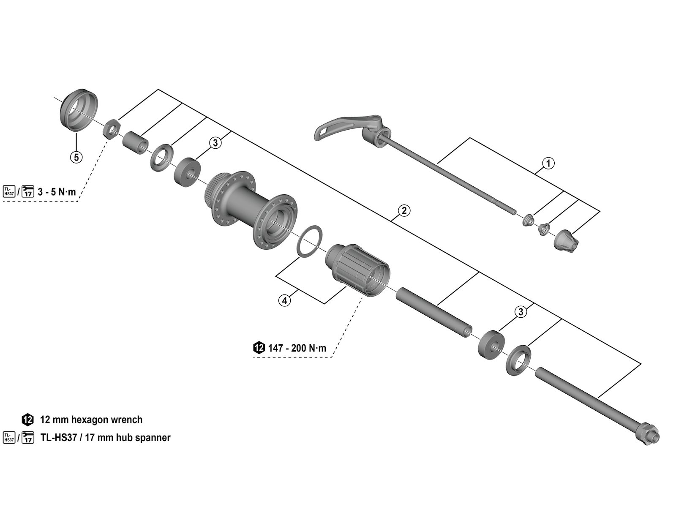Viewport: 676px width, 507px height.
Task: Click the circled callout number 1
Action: (548, 163)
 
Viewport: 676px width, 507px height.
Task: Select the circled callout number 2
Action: (404, 210)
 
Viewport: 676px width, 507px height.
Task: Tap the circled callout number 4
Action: (284, 300)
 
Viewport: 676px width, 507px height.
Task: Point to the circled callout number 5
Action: (76, 157)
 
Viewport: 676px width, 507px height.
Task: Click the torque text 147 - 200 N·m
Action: (297, 348)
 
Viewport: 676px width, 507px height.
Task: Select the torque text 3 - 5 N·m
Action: (57, 192)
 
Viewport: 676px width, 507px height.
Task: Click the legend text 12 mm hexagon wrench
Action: (91, 420)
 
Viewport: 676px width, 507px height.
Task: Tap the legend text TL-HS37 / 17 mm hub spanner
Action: (105, 437)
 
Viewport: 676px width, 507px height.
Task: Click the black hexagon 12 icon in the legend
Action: (27, 420)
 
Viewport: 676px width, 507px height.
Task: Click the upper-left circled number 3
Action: (215, 143)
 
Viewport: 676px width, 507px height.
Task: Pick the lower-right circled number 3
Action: (521, 312)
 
